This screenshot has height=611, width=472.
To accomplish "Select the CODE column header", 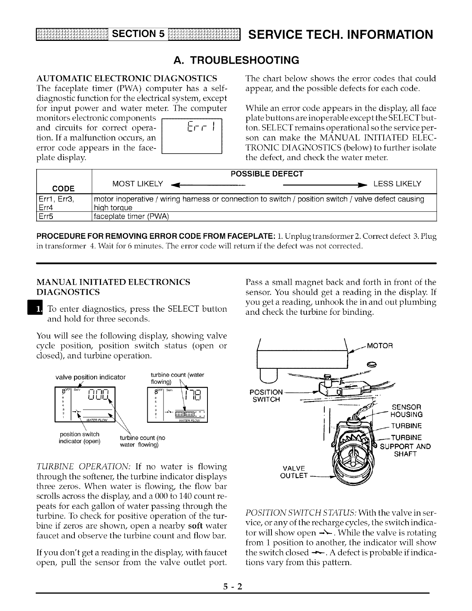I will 64,188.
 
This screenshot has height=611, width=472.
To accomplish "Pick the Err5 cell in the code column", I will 46,216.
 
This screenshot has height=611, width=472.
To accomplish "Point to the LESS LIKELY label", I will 397,184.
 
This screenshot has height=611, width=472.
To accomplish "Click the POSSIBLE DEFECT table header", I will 267,174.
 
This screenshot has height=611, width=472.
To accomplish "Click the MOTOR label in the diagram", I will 379,346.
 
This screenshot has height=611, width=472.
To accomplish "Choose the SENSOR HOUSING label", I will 406,411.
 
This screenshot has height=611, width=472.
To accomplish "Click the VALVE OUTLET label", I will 295,472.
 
